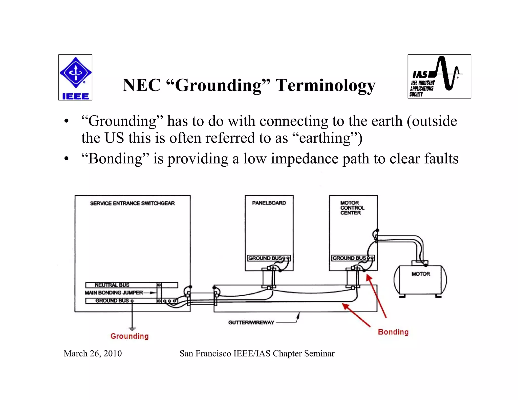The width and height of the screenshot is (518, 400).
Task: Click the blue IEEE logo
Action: pyautogui.click(x=75, y=77)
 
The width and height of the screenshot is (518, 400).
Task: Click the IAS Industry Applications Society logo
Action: pyautogui.click(x=439, y=76)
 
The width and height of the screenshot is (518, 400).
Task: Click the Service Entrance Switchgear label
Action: pyautogui.click(x=132, y=203)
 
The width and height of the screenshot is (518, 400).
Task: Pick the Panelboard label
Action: pyautogui.click(x=269, y=203)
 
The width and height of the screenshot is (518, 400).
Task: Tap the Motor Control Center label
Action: pyautogui.click(x=352, y=208)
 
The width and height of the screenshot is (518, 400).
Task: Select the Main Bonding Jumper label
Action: pyautogui.click(x=114, y=293)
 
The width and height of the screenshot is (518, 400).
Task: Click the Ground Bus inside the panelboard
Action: pyautogui.click(x=265, y=258)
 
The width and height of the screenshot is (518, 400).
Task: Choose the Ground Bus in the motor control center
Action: pyautogui.click(x=349, y=258)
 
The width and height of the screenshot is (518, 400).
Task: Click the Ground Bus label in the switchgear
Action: pyautogui.click(x=112, y=301)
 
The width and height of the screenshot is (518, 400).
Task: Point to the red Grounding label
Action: pyautogui.click(x=129, y=336)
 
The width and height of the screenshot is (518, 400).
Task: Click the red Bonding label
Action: pyautogui.click(x=393, y=332)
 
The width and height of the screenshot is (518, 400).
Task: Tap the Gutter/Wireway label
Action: pyautogui.click(x=251, y=322)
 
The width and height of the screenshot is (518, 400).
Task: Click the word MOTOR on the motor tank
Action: pyautogui.click(x=421, y=274)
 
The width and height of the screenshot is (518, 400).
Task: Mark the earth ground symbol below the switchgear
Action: pyautogui.click(x=132, y=329)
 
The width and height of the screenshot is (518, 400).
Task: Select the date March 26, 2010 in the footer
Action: pyautogui.click(x=93, y=353)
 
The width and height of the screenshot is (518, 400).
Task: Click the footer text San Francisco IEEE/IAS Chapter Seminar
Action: pyautogui.click(x=257, y=353)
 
